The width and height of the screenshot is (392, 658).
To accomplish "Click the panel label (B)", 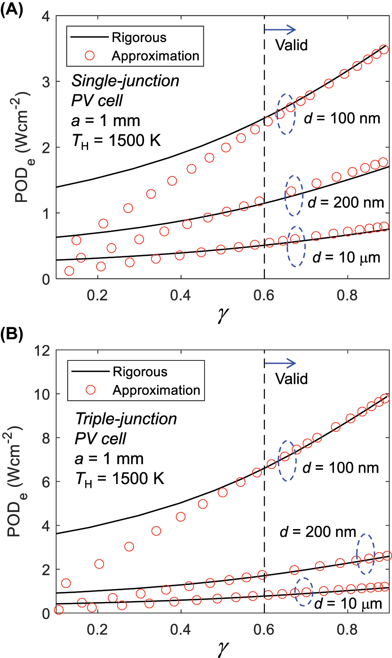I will pos(11,334).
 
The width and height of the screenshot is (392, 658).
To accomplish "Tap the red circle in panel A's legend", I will pos(90,56).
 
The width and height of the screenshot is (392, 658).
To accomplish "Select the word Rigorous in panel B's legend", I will pos(140,371).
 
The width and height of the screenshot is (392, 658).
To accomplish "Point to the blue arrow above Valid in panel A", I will pos(280,29).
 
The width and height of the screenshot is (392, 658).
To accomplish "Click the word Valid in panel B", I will pos(291,379).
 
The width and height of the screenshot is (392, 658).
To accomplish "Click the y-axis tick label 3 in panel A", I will pos(46,82).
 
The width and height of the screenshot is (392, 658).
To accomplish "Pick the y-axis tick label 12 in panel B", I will pos(42,350).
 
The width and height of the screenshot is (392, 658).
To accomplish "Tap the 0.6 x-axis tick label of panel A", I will pos(264,296).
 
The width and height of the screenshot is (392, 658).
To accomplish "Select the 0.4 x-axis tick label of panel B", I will pos(180,630).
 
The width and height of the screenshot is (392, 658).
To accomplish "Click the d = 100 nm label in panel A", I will pos(342,118).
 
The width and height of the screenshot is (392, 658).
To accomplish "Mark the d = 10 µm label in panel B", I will pos(348,603).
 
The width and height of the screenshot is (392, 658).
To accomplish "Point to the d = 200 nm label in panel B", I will pos(318,532).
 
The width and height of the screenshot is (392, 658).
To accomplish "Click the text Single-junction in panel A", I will pos(125,81).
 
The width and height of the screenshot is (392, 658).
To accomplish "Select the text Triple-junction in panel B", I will pos(126,419).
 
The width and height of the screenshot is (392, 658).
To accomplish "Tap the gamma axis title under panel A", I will pos(223,314).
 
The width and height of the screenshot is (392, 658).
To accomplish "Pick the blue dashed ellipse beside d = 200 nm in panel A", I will pos(294,196).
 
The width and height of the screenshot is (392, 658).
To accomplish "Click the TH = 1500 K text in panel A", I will pos(116,141).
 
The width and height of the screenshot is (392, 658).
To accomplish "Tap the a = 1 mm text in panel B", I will pos(109,459).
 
